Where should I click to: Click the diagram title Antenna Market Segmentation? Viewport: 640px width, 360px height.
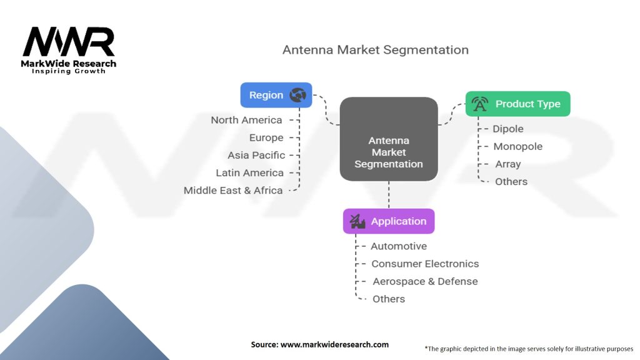tap(375, 49)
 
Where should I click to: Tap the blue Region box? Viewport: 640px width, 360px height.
tap(276, 95)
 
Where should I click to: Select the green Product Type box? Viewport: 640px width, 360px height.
tap(517, 104)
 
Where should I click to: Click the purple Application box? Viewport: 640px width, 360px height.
tap(388, 221)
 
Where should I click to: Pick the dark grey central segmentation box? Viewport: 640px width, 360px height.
tap(388, 139)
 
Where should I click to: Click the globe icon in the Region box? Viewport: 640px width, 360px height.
tap(297, 95)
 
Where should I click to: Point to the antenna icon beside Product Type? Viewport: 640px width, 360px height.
tap(480, 104)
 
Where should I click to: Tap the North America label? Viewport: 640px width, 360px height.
tap(246, 120)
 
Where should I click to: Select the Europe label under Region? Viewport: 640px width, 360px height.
tap(266, 137)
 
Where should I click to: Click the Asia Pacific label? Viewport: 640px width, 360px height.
tap(256, 155)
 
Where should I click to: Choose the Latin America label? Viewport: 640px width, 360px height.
tap(249, 172)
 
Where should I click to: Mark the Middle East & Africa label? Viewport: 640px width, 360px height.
tap(233, 190)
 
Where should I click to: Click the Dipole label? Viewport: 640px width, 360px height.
tap(508, 129)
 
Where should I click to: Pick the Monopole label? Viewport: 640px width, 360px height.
tap(517, 146)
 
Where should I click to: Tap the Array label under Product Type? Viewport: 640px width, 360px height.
tap(507, 164)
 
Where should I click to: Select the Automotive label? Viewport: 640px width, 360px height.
tap(399, 246)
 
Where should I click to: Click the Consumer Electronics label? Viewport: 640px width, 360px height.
tap(425, 264)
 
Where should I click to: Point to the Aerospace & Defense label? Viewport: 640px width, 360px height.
tap(425, 281)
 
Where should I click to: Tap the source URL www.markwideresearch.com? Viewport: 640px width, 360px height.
tap(319, 344)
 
